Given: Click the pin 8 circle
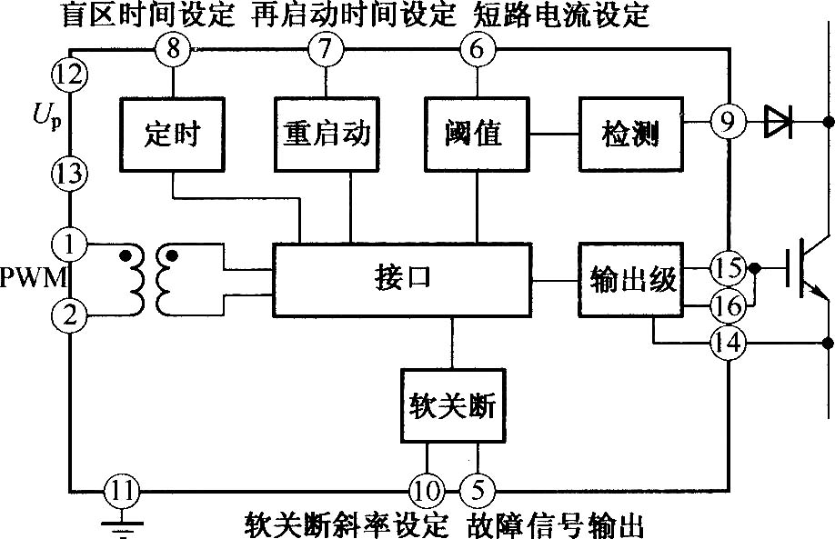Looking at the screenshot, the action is [x=174, y=49].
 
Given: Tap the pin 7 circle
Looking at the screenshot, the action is [x=326, y=49].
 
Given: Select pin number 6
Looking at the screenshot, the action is [x=478, y=49].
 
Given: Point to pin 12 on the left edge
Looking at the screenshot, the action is [x=70, y=74].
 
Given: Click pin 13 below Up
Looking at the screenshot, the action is [x=70, y=174].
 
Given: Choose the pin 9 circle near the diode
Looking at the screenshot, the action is [x=728, y=121].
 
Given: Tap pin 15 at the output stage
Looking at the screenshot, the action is [x=728, y=267].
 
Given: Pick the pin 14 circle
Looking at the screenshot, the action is [x=728, y=343].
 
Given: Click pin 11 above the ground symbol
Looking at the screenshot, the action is [x=122, y=491].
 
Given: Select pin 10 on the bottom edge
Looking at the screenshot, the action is [x=427, y=491].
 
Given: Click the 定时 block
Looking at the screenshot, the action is [x=172, y=135].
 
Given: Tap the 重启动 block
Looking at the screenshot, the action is [x=327, y=135].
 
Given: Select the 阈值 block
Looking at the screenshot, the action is [x=478, y=135].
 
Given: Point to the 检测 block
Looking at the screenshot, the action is [x=631, y=135].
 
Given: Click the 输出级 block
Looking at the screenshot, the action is [x=631, y=280].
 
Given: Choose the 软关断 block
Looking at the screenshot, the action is [x=453, y=405].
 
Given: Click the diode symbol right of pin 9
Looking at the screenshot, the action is [x=778, y=121].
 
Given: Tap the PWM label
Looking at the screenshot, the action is [x=33, y=278].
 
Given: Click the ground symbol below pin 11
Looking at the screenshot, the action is [x=123, y=527].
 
